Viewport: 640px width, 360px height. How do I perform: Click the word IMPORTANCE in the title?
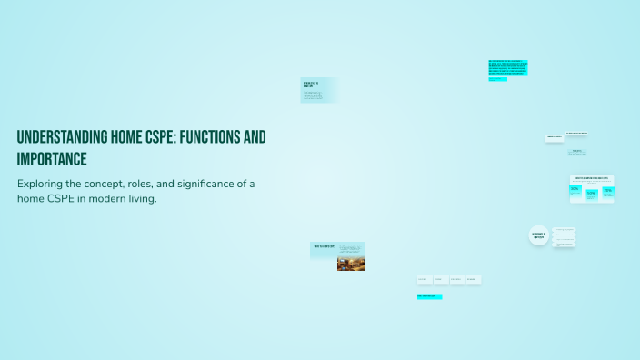[x=52, y=159]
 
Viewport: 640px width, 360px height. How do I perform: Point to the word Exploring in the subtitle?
[x=42, y=184]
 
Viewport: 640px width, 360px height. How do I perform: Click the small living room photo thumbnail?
[x=351, y=263]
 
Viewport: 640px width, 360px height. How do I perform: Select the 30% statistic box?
[x=575, y=190]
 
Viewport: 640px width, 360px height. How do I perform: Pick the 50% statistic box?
[x=592, y=193]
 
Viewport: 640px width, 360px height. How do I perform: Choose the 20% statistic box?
[x=607, y=191]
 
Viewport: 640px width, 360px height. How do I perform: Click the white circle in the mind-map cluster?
[x=537, y=235]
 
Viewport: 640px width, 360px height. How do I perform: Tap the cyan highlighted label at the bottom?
[x=429, y=296]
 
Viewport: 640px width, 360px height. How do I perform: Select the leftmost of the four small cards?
[x=425, y=280]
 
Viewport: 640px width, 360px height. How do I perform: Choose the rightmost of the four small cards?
[x=473, y=280]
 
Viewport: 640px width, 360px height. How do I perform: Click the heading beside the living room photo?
[x=325, y=245]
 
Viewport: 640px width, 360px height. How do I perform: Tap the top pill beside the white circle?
[x=564, y=229]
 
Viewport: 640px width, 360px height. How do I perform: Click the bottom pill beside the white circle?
[x=564, y=244]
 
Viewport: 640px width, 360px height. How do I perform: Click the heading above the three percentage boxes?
[x=592, y=179]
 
